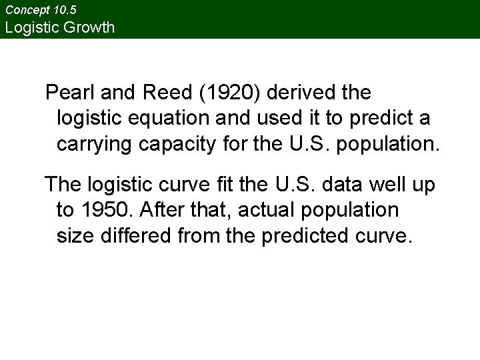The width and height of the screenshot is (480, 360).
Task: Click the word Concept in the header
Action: pos(26,11)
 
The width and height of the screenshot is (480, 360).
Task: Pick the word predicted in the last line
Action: pos(298,237)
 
